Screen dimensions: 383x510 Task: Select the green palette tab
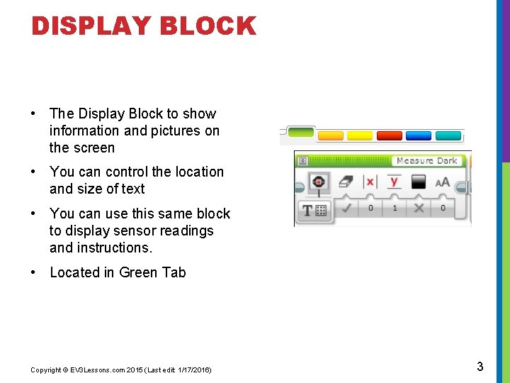(x=301, y=132)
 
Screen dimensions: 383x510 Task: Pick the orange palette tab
(x=330, y=135)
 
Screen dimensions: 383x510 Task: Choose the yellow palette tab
(x=359, y=135)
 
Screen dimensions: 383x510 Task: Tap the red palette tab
(x=389, y=135)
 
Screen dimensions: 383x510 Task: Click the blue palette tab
(x=418, y=135)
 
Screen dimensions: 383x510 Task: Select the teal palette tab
(x=448, y=135)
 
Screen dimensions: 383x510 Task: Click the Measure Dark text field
(x=426, y=161)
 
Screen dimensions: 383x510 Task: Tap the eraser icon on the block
(x=346, y=182)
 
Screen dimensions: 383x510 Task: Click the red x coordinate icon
(x=370, y=182)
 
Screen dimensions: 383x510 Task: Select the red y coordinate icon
(x=395, y=182)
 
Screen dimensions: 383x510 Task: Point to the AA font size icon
(x=443, y=182)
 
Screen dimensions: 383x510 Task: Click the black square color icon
(x=419, y=182)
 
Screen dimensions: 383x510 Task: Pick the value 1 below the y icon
(x=395, y=209)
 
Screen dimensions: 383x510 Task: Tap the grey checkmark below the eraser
(x=346, y=209)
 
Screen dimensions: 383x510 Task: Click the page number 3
(x=480, y=367)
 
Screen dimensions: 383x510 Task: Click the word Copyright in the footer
(x=45, y=370)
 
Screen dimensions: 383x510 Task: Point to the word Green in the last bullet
(x=138, y=272)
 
